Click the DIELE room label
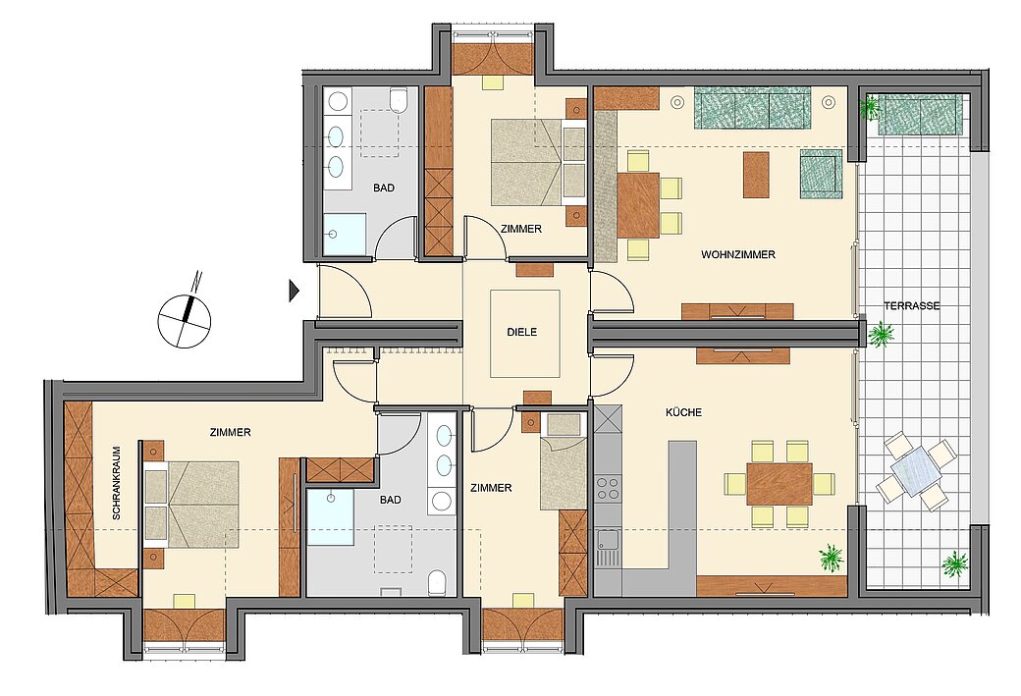point(521,332)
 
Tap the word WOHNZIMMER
point(738,255)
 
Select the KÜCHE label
point(683,413)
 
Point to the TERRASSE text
point(911,306)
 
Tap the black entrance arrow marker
point(294,290)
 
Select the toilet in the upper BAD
point(398,101)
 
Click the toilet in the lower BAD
point(439,583)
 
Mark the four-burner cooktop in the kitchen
point(608,488)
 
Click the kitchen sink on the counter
point(608,543)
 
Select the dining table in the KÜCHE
point(779,483)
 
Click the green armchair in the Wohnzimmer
point(821,174)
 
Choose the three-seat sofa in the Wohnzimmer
point(753,108)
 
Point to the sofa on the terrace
point(920,114)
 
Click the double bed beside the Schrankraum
point(192,504)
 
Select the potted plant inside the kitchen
point(832,559)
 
